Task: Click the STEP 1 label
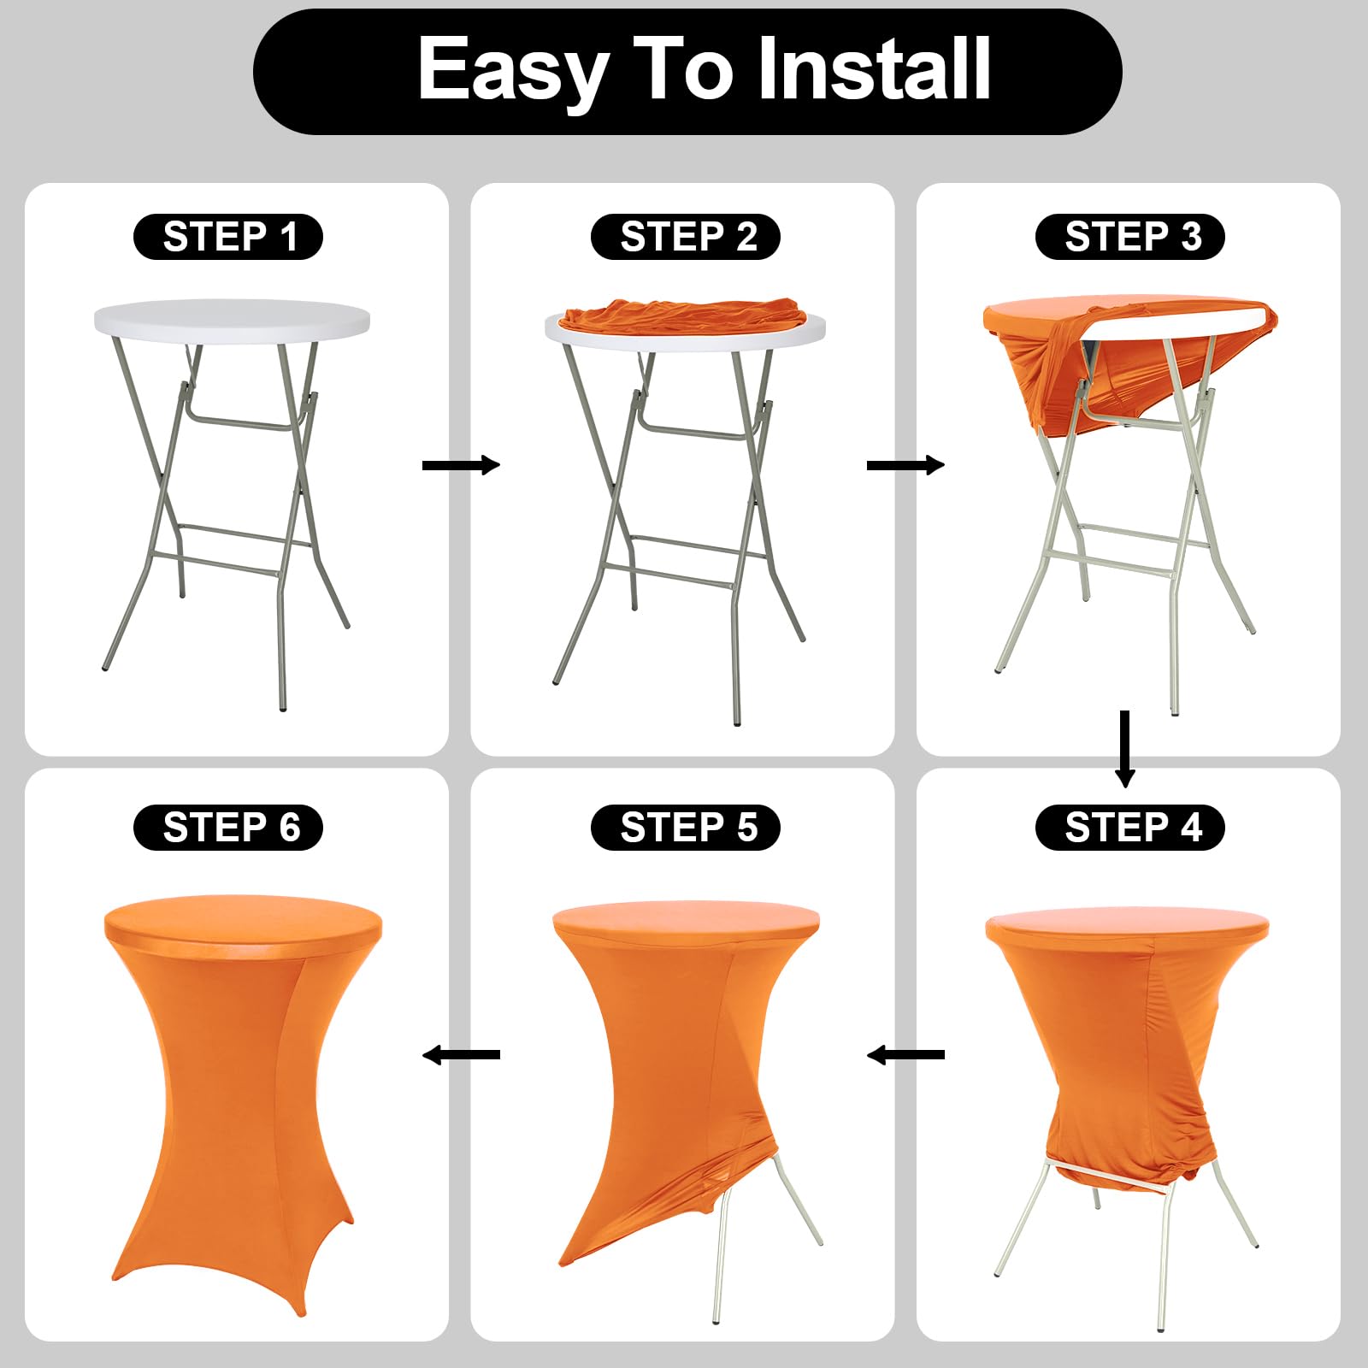click(x=228, y=237)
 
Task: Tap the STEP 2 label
click(x=686, y=237)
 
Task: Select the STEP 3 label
click(x=1130, y=237)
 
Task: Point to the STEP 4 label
click(x=1130, y=828)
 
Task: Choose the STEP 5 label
click(x=686, y=828)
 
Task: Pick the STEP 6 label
click(x=228, y=828)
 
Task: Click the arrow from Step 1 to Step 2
click(x=462, y=465)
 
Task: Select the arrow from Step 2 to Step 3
click(x=906, y=465)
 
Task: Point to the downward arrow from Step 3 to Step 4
click(x=1125, y=749)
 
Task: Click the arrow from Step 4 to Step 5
click(x=906, y=1055)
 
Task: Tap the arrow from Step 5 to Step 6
click(x=462, y=1055)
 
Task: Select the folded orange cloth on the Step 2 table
click(x=681, y=316)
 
